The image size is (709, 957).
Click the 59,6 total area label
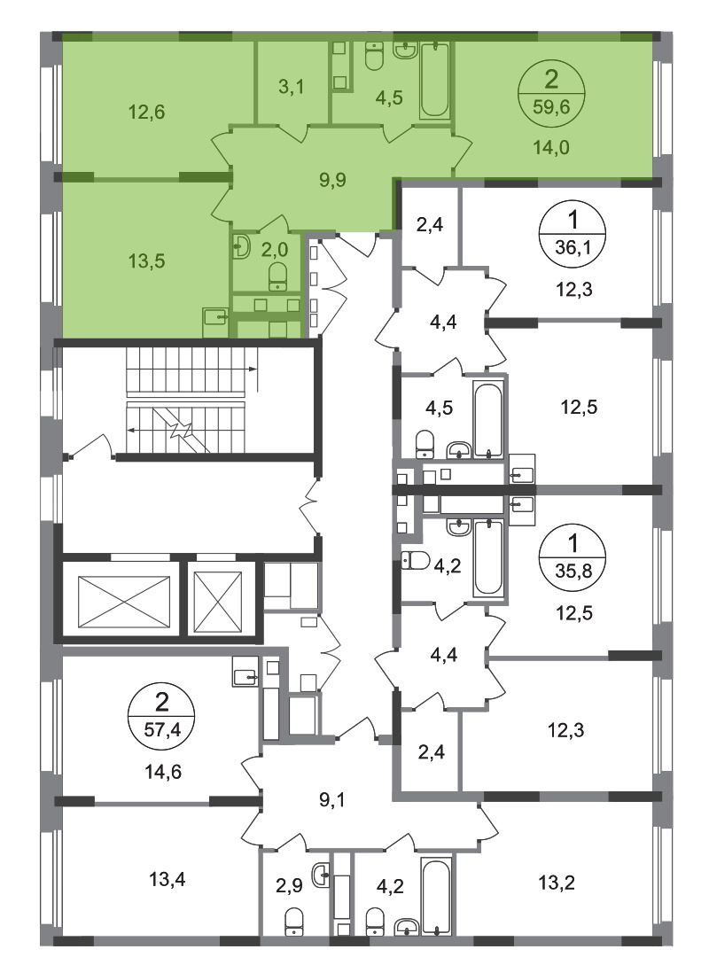(551, 107)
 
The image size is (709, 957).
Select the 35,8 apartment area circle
(573, 558)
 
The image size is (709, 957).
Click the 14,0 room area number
(551, 148)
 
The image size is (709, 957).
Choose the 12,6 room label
(147, 113)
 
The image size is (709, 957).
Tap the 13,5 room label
(147, 261)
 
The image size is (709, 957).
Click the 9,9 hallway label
(333, 180)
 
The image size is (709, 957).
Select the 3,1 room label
(292, 87)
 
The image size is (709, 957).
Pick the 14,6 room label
(163, 772)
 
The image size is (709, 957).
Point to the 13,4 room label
(168, 880)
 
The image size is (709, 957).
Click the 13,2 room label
(557, 883)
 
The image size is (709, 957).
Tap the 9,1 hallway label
(333, 799)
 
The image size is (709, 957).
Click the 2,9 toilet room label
(289, 885)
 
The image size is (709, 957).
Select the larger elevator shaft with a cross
(124, 602)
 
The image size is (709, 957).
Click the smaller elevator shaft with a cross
(218, 602)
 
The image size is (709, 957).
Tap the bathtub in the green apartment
(435, 80)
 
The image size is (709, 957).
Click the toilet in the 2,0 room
(278, 276)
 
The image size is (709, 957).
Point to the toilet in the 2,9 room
(294, 921)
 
